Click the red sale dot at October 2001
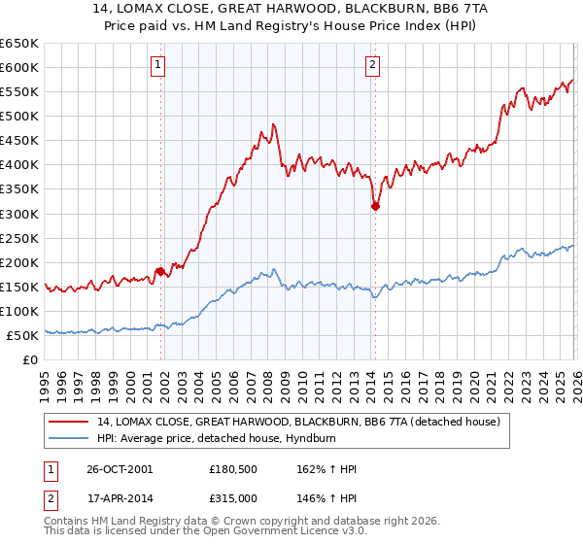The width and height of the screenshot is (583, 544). coord(160,272)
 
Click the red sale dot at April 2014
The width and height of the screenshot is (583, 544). coord(375,206)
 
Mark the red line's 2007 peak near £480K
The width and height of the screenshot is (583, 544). coord(274,124)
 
